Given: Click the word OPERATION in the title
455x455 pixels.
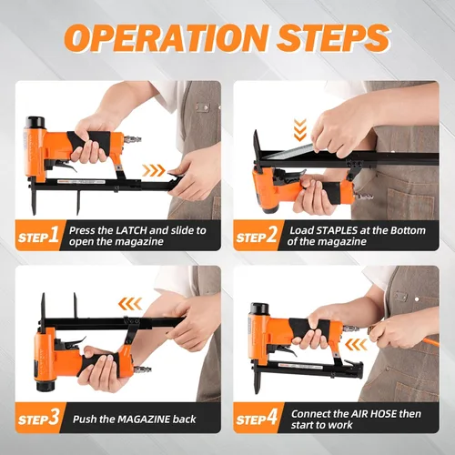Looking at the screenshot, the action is (x=167, y=37).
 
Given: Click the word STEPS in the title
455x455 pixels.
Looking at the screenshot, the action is (x=333, y=37).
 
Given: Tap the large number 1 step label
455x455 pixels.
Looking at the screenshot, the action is (x=54, y=235).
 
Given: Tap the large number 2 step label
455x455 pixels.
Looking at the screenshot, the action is (x=271, y=235).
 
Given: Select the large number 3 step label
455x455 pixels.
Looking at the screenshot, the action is (x=54, y=418).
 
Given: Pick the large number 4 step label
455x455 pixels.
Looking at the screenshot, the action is (x=272, y=418).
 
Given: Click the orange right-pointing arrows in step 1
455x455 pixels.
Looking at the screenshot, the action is (x=154, y=171).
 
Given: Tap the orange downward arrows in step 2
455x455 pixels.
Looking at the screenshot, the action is (x=300, y=130).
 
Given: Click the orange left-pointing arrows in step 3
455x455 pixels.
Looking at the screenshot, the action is (x=130, y=304).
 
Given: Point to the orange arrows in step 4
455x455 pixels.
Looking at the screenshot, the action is (x=356, y=345).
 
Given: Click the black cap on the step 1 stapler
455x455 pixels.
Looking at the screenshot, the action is (x=35, y=122).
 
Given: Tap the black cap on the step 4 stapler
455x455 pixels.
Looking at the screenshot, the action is (x=259, y=308).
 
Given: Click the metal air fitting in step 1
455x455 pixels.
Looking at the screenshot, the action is (x=132, y=139).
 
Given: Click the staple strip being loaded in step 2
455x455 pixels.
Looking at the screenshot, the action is (x=289, y=152).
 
